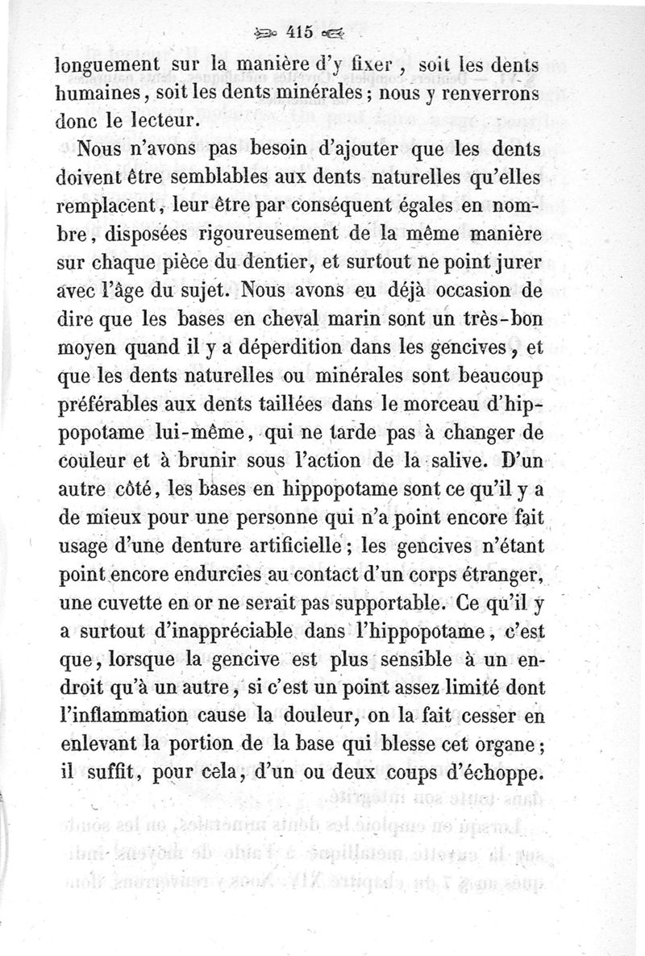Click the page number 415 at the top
point(298,33)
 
